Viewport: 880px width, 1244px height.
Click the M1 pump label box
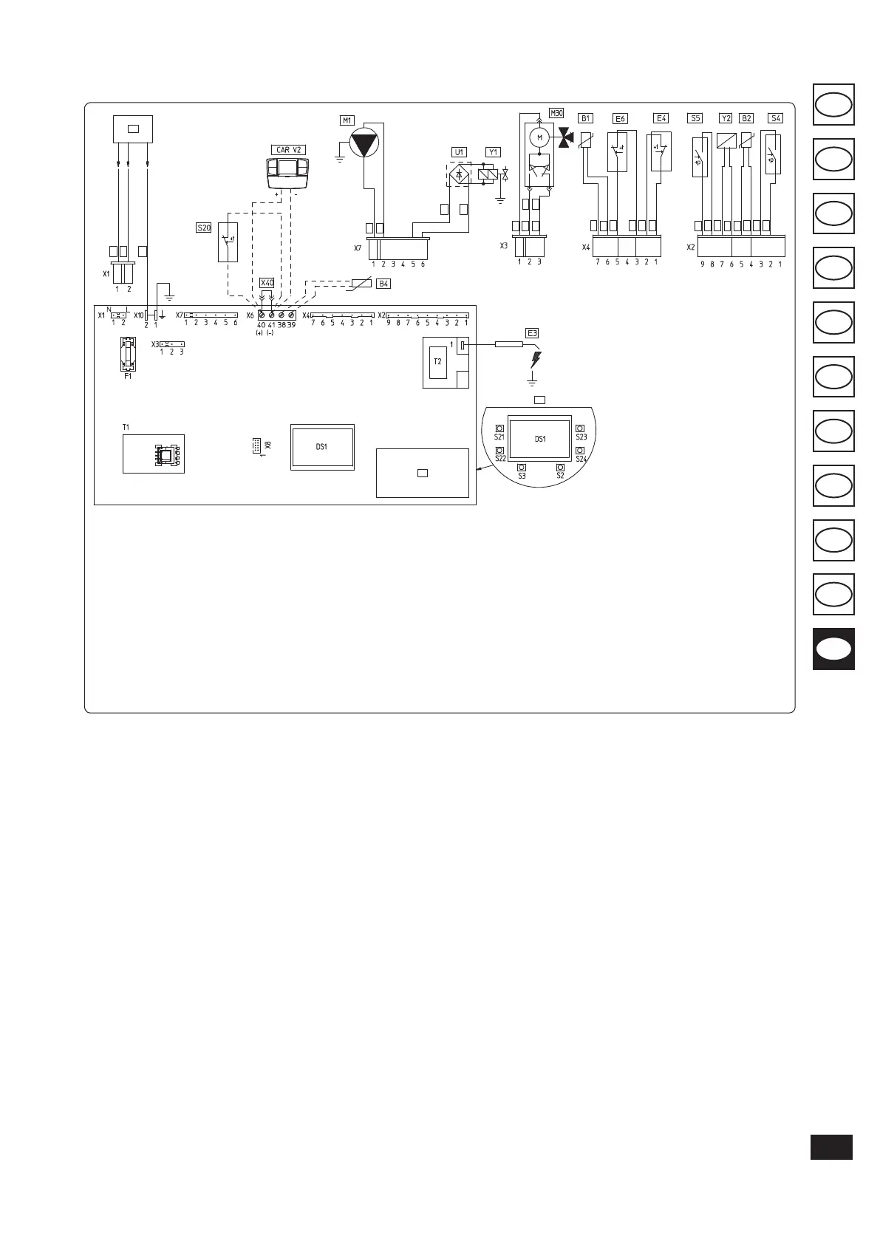click(347, 120)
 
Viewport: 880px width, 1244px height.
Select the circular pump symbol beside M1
click(364, 142)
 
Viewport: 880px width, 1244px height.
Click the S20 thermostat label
click(204, 228)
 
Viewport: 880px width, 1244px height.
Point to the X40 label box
click(267, 283)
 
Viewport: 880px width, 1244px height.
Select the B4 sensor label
click(383, 284)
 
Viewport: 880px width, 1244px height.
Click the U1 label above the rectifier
click(459, 152)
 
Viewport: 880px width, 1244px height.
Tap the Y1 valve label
click(493, 152)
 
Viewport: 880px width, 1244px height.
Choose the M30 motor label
click(556, 113)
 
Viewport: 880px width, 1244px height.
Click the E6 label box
click(620, 118)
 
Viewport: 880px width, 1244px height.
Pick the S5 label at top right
click(695, 117)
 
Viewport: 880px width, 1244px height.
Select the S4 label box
click(775, 117)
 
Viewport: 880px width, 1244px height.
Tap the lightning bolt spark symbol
click(535, 360)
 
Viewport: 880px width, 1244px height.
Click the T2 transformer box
click(437, 361)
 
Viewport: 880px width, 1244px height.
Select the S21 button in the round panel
click(499, 428)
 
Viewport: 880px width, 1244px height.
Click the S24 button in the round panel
click(581, 451)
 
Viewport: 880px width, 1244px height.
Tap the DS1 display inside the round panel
click(540, 439)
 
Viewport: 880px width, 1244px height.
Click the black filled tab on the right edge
click(833, 649)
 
